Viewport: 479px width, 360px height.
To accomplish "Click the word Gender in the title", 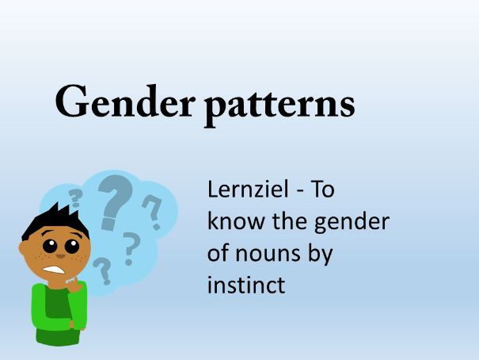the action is click(124, 101).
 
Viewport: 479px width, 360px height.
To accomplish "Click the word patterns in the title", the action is click(279, 105).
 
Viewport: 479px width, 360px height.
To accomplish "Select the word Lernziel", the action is click(248, 189).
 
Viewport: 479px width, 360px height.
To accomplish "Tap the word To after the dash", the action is click(322, 190).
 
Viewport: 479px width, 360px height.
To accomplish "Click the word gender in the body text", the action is click(352, 223).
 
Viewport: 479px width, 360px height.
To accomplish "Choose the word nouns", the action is click(268, 254).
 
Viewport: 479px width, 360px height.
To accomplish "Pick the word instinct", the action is click(246, 285).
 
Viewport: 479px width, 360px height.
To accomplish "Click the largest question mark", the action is click(116, 202).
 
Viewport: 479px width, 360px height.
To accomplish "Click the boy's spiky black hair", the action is click(55, 220).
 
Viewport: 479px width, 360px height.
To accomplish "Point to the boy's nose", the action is click(60, 255).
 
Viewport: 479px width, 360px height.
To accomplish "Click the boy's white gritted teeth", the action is click(53, 270).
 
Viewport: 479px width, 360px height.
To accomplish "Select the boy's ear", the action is click(23, 248).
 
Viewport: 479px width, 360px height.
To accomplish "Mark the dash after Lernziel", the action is click(300, 191).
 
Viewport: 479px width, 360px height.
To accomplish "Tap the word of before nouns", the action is click(218, 253).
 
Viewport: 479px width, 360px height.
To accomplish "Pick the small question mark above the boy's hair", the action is click(75, 197).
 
